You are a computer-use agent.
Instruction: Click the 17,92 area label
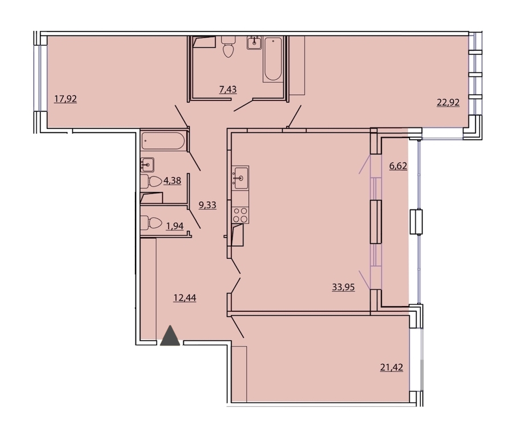(66, 99)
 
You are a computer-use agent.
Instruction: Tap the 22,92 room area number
(448, 103)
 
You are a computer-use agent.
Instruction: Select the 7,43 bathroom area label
(227, 89)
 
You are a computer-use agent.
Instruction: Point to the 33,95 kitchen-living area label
(343, 287)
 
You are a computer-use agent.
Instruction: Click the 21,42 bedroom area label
(391, 368)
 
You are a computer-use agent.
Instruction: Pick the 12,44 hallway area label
(185, 298)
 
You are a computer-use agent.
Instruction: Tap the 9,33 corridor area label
(207, 205)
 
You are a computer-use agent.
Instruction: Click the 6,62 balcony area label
(398, 166)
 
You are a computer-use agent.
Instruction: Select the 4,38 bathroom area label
(172, 181)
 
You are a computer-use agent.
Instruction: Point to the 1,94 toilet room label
(175, 226)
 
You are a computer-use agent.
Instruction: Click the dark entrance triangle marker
(170, 336)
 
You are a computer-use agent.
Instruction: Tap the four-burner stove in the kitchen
(240, 215)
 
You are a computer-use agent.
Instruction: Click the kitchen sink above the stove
(240, 178)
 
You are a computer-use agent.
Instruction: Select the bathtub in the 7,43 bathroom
(273, 59)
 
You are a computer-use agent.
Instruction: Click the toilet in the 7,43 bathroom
(228, 47)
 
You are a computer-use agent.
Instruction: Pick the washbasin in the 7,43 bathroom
(254, 43)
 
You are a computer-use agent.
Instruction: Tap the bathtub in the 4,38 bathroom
(163, 141)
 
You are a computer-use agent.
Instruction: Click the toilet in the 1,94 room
(151, 223)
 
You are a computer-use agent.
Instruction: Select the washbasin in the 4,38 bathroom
(147, 165)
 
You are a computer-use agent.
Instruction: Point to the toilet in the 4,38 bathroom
(151, 182)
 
